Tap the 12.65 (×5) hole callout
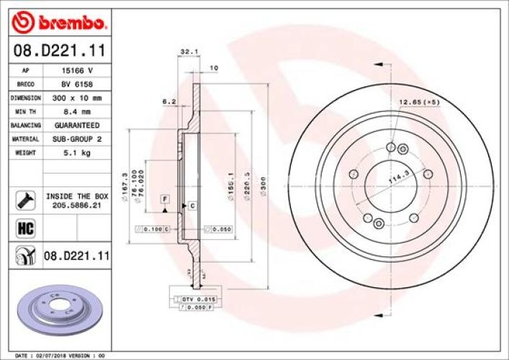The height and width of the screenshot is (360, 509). point(419,102)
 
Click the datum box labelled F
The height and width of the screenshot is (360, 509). point(164,198)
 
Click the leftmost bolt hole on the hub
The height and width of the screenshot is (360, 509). point(353,174)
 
